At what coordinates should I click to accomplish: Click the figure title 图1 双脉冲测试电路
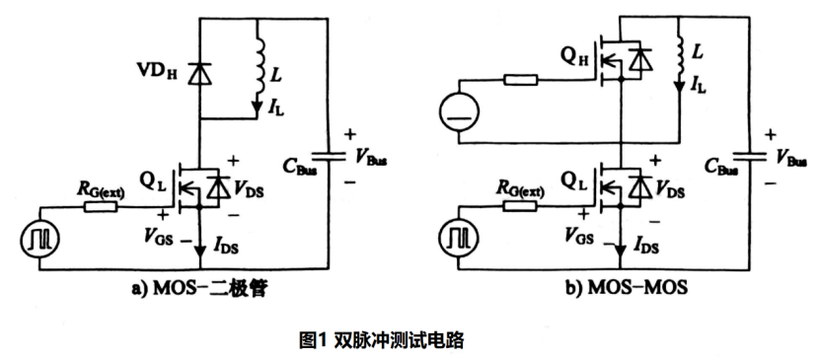click(381, 340)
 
